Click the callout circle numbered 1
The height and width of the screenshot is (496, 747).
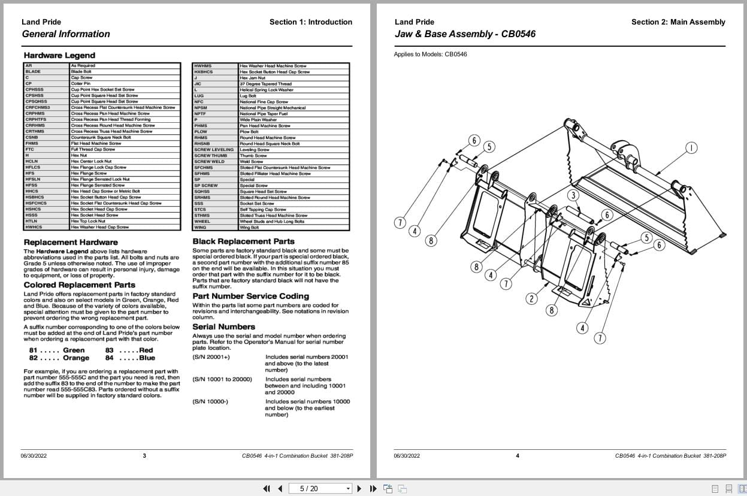(691, 147)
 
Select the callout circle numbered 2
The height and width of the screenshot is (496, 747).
(531, 298)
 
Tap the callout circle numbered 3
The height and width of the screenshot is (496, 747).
(573, 195)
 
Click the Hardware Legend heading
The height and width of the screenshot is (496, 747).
(51, 56)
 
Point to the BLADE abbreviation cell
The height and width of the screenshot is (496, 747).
(33, 72)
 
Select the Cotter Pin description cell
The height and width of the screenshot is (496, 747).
(80, 84)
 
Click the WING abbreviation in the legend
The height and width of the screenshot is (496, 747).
(200, 228)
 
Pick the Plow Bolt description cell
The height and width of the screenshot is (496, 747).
(249, 132)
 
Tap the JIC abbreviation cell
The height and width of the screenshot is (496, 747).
(198, 84)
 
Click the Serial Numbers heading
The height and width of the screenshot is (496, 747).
(223, 326)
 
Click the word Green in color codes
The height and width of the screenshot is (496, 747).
(74, 350)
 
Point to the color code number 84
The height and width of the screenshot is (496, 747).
(109, 358)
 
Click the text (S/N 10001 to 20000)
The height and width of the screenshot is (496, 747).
(222, 379)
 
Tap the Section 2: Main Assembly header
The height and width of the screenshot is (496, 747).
(678, 22)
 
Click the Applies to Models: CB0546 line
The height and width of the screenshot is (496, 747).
(430, 55)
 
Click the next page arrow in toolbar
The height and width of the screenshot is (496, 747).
(359, 488)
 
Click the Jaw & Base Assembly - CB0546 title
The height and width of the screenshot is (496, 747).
(465, 34)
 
